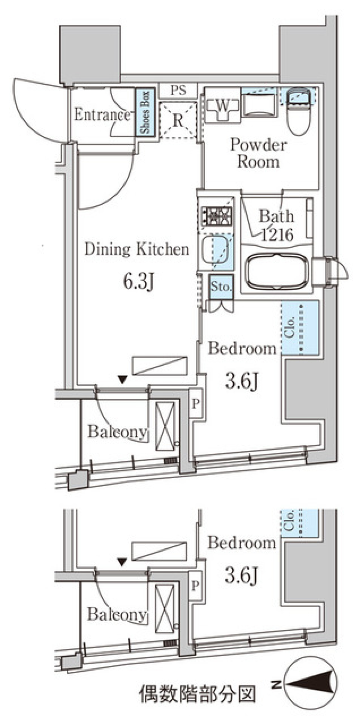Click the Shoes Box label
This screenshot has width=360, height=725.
pos(145,113)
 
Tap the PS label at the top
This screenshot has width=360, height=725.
pos(178,90)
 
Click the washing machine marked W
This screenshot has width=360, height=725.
pos(222,106)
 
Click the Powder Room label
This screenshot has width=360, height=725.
pos(258,153)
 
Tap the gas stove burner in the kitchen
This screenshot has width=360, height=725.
pos(217,216)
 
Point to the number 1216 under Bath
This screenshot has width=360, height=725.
pos(277,235)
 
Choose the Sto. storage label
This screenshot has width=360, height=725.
pos(221,287)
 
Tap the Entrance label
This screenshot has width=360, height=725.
pos(102,114)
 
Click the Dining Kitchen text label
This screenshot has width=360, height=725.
pos(136,249)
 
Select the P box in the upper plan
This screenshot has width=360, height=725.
pos(196,404)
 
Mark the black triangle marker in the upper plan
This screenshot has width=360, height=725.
pos(122,379)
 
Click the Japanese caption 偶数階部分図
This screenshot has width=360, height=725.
pos(198,694)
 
